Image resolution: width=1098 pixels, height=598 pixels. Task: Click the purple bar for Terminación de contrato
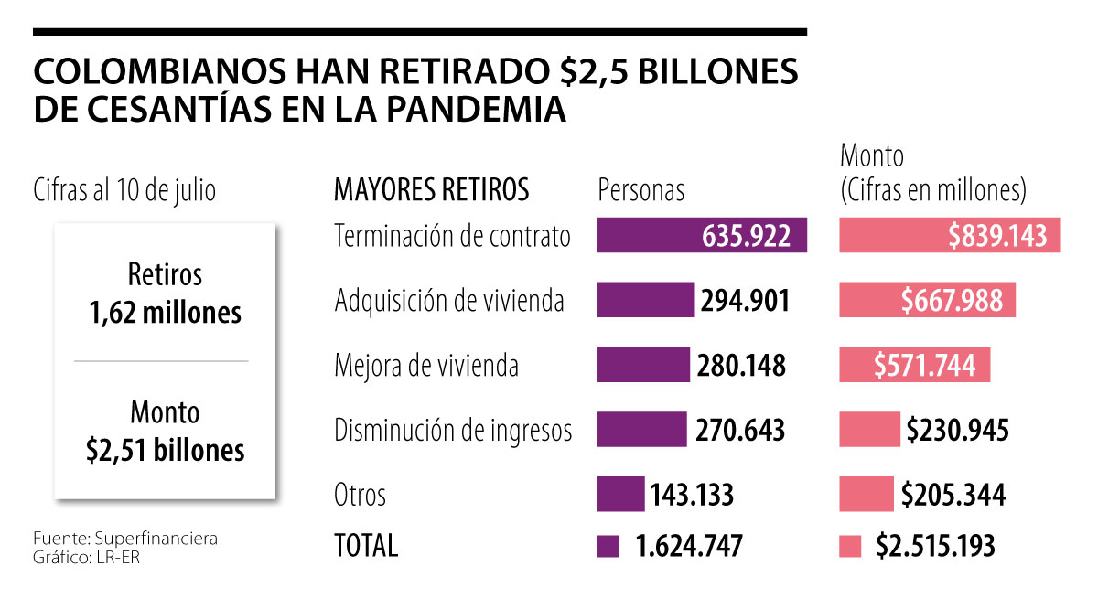[x=701, y=235]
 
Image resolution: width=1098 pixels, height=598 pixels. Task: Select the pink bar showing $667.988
[x=927, y=300]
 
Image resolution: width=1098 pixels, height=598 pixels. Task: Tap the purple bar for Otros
[x=620, y=495]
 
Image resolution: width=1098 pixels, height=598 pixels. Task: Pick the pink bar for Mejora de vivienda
[x=914, y=365]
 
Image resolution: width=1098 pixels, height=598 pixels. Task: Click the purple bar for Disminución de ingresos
[x=641, y=430]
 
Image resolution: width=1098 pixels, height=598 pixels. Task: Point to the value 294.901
[x=744, y=301]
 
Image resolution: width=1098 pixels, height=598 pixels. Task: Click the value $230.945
[x=957, y=431]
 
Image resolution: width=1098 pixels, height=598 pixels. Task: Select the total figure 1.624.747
[x=688, y=546]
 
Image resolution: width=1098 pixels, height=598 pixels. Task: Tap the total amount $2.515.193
[x=935, y=546]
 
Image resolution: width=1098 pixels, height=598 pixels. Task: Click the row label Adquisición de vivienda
[x=449, y=301]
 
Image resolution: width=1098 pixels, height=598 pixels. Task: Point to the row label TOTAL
[x=366, y=546]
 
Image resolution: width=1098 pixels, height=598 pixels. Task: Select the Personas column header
[x=640, y=190]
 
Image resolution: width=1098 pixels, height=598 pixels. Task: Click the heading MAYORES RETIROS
[x=431, y=190]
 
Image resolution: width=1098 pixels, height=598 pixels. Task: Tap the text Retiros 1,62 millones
[x=166, y=294]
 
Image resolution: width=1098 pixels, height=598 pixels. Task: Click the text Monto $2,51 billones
[x=166, y=432]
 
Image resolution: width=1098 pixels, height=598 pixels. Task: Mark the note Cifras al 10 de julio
[x=124, y=191]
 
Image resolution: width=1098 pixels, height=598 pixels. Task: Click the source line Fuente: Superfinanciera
[x=125, y=538]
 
